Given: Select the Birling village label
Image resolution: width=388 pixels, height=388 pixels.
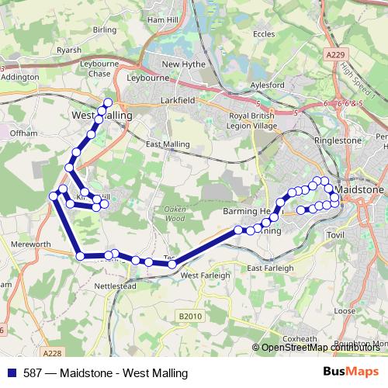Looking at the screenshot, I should coord(104,29).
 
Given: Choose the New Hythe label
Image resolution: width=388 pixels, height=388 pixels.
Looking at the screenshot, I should coord(182,64).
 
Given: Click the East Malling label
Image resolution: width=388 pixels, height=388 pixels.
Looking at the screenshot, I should coord(168,144).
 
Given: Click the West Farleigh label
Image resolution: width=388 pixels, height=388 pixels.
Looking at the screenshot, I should coord(205,275).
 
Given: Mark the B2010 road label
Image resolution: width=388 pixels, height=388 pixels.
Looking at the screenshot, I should coord(189,316).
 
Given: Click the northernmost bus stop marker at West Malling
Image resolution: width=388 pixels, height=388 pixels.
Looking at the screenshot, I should coord(108,102).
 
